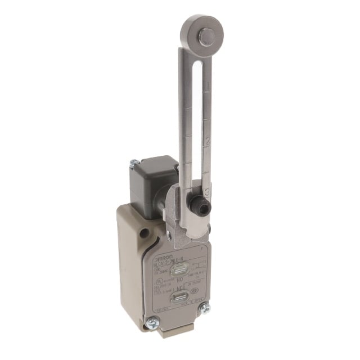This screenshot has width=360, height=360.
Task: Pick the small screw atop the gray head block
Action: (x=134, y=163)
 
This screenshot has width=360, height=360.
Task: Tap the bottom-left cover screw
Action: (x=151, y=322)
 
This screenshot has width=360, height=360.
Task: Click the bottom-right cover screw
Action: (x=206, y=308)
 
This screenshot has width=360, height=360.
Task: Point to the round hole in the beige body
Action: (x=145, y=232)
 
